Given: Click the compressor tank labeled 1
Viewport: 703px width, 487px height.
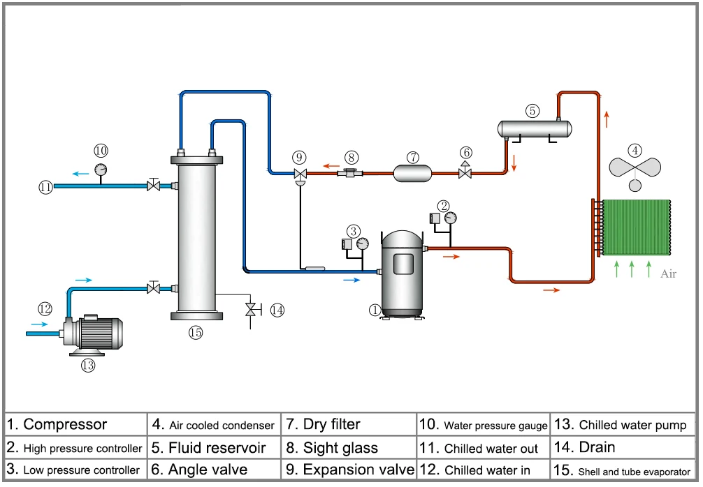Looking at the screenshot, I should (402, 272).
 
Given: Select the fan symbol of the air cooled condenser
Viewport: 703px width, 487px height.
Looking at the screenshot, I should (635, 167).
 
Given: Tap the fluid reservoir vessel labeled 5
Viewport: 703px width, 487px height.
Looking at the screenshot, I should (534, 128).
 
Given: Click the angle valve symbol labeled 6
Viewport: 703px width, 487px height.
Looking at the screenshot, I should (465, 172).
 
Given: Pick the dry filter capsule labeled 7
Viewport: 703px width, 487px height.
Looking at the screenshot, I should (413, 172).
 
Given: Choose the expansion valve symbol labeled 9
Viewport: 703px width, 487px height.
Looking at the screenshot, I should (300, 174).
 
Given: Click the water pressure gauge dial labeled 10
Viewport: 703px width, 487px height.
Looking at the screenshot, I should (101, 168).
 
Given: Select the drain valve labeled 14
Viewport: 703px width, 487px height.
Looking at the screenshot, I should (250, 309).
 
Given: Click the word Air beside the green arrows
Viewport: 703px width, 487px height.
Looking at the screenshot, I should (668, 274).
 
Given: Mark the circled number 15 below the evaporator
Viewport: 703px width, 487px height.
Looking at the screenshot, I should (195, 333).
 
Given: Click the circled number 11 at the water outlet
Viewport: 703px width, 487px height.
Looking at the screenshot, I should (45, 186).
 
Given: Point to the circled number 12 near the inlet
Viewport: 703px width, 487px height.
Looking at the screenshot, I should (45, 308).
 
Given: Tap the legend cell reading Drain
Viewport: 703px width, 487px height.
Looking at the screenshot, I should (624, 447).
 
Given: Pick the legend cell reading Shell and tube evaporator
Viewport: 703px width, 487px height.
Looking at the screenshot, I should (624, 470).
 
